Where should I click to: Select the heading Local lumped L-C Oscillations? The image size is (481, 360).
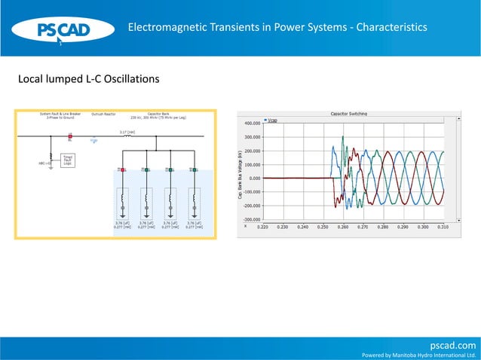click(x=89, y=79)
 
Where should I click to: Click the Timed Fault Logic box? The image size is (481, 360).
click(x=67, y=160)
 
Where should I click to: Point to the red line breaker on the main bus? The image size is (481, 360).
click(x=70, y=136)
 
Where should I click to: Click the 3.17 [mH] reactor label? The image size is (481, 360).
click(x=127, y=132)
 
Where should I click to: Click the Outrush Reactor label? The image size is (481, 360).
click(x=103, y=114)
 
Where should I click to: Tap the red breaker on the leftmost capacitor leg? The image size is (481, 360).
click(x=123, y=169)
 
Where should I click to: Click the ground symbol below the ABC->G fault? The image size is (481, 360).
click(x=50, y=168)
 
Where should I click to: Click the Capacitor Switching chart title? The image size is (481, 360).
click(x=349, y=113)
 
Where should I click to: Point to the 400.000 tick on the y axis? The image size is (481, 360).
click(x=251, y=123)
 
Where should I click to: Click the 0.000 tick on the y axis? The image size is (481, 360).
click(x=254, y=178)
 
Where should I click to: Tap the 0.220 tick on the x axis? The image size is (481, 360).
click(x=262, y=226)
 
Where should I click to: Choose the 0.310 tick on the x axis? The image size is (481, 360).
click(x=443, y=226)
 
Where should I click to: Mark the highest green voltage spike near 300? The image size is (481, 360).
click(x=343, y=137)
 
